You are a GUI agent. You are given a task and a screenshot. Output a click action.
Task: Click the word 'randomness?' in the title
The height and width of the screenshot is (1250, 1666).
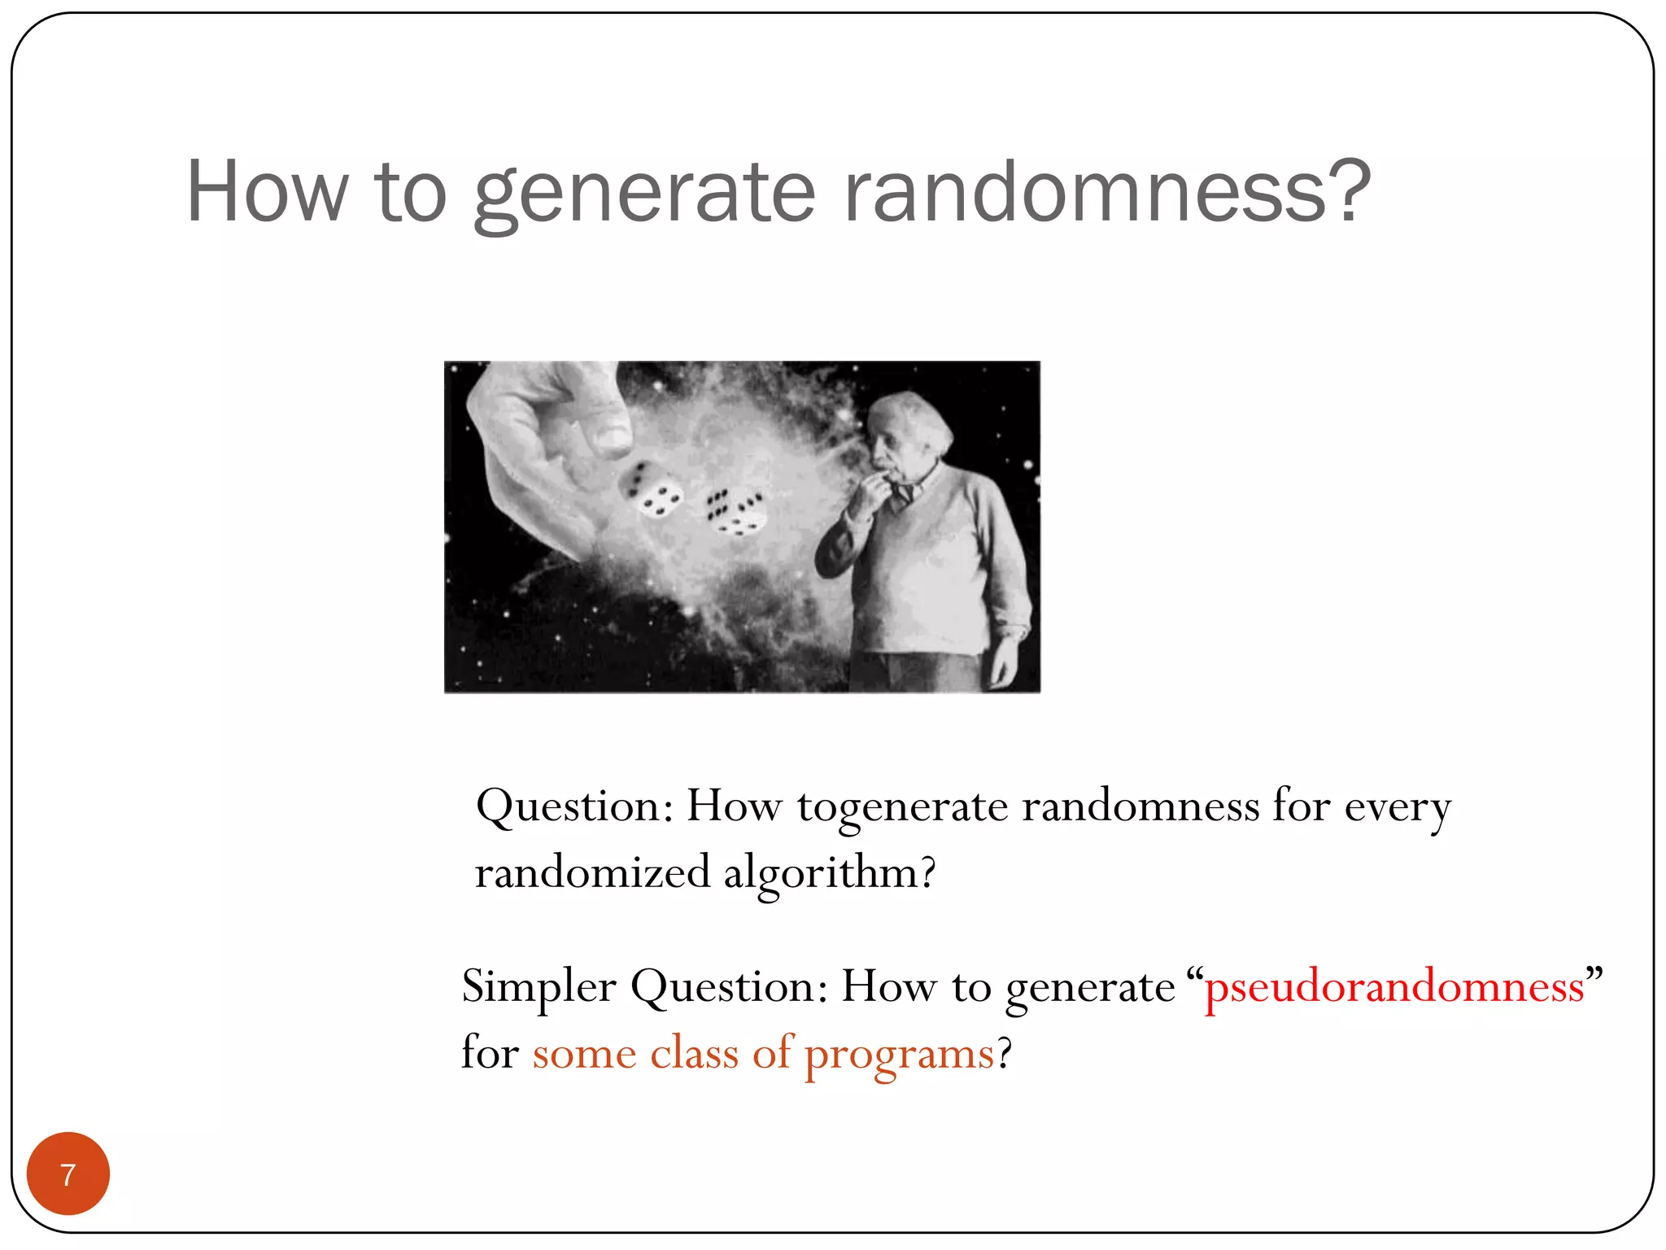pyautogui.click(x=1106, y=192)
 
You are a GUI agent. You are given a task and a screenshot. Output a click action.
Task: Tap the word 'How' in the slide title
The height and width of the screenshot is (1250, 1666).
pyautogui.click(x=267, y=192)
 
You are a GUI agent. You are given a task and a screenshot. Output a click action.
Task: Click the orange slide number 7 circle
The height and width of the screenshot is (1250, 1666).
pyautogui.click(x=68, y=1174)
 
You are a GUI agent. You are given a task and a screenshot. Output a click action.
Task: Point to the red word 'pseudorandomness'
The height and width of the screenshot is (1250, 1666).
pyautogui.click(x=1393, y=987)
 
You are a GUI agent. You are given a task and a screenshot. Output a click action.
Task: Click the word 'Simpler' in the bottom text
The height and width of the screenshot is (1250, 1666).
pyautogui.click(x=539, y=987)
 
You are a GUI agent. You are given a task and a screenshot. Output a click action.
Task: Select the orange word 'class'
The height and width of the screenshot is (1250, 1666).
pyautogui.click(x=694, y=1053)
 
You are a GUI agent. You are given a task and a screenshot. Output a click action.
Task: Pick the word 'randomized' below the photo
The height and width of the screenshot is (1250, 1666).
pyautogui.click(x=593, y=873)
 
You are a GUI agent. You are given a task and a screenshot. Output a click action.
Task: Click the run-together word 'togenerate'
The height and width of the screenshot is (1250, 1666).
pyautogui.click(x=902, y=808)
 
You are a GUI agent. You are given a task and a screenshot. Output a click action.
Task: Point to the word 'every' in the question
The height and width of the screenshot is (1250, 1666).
pyautogui.click(x=1397, y=808)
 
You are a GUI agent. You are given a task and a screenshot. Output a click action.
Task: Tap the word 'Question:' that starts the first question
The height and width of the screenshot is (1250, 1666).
pyautogui.click(x=574, y=808)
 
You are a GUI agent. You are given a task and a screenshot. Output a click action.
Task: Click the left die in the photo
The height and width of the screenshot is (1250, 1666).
pyautogui.click(x=651, y=490)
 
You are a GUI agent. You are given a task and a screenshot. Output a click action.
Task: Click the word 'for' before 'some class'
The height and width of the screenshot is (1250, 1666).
pyautogui.click(x=490, y=1053)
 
